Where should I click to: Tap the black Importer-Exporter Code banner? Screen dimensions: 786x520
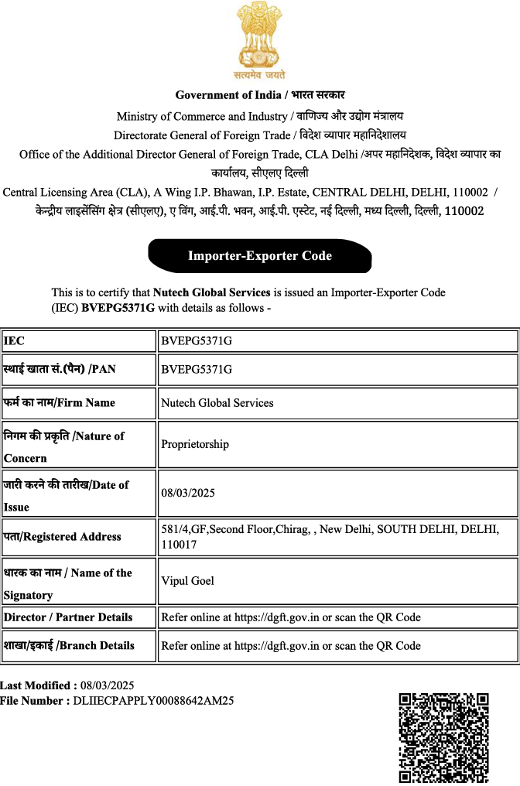260,256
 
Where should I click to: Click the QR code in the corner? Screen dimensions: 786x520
443,738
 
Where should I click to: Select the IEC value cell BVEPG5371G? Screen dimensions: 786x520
197,340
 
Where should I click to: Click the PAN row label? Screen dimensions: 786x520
60,369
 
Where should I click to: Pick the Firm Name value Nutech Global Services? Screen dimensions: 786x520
217,402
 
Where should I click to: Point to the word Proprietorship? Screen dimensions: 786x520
195,444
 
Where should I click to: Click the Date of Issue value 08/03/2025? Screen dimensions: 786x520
188,493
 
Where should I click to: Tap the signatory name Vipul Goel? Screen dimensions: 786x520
187,580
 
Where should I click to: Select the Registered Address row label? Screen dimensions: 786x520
63,536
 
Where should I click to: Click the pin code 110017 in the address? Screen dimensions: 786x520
179,545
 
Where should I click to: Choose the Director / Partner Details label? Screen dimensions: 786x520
68,617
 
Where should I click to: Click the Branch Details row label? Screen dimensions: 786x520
69,645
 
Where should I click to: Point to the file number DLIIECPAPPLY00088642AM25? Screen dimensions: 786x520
153,701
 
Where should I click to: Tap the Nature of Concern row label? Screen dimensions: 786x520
63,446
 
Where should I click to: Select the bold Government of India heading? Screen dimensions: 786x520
260,95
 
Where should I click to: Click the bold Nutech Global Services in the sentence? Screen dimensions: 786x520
211,293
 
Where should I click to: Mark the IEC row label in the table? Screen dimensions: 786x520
15,340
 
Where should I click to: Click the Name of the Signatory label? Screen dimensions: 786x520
67,583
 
